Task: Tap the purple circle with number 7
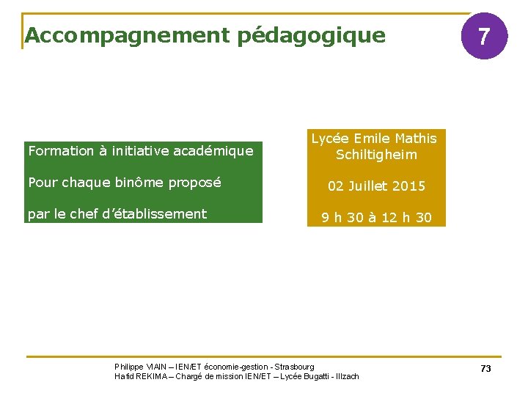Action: [484, 36]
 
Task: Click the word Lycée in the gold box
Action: [330, 139]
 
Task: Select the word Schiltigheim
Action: [376, 155]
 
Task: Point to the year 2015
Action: [408, 186]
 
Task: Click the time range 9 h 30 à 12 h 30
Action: [376, 218]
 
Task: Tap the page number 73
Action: [485, 369]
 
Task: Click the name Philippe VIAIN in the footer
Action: [140, 367]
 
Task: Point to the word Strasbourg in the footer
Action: [295, 367]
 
